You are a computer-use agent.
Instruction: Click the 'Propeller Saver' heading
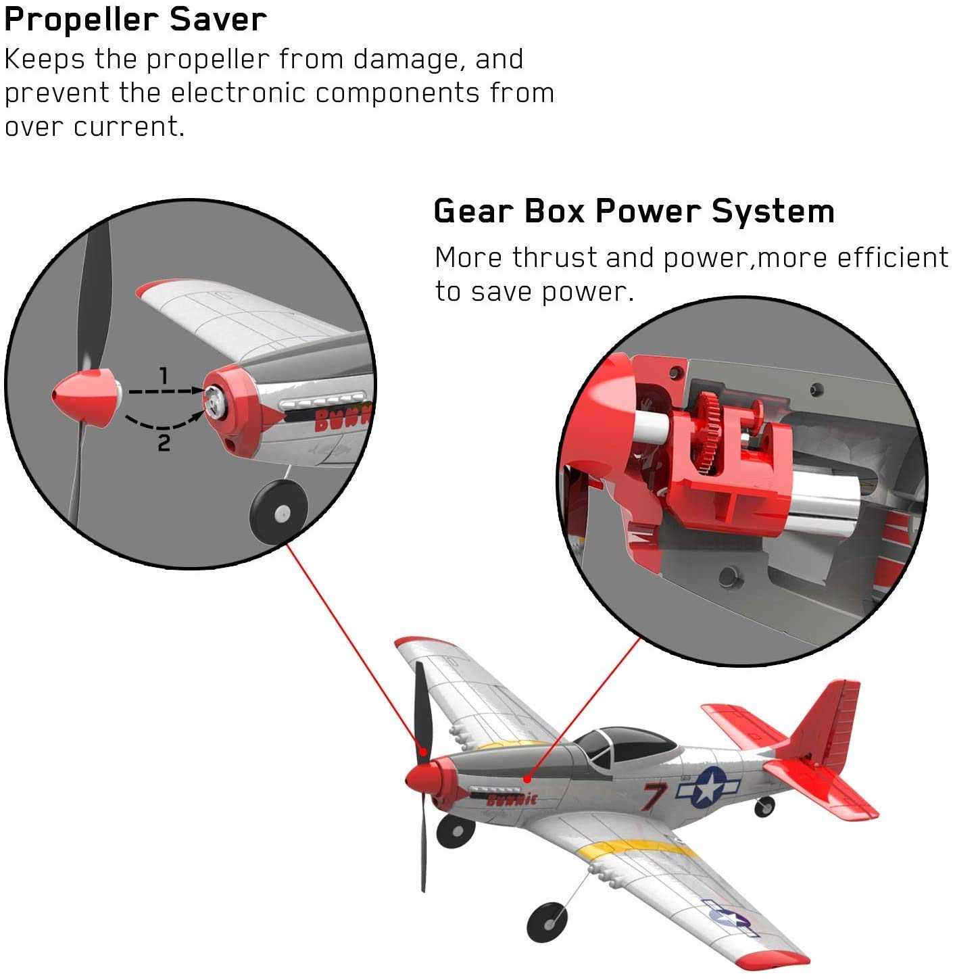(135, 20)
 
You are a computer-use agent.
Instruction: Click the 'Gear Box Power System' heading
(633, 212)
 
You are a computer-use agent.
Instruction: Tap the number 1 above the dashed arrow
(163, 375)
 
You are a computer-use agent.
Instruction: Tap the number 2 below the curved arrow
(164, 444)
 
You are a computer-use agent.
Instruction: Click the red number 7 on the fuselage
(654, 796)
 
